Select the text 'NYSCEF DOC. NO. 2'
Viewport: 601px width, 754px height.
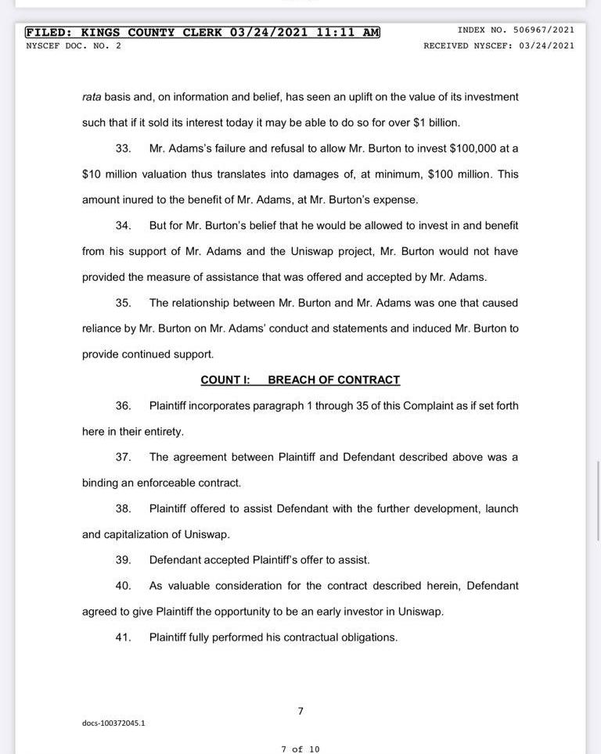coord(74,45)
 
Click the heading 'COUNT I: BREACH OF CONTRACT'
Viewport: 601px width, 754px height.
coord(300,380)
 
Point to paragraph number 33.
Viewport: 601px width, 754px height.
coord(123,149)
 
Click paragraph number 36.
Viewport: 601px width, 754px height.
coord(123,406)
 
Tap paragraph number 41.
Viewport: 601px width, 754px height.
coord(123,637)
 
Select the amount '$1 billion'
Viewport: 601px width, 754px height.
coord(436,123)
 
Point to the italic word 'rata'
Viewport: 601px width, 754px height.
coord(92,97)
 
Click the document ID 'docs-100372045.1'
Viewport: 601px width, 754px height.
coord(113,723)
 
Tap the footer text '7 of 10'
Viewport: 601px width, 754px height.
coord(300,749)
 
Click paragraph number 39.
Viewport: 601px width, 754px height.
coord(123,560)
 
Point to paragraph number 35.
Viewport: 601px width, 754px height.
coord(123,303)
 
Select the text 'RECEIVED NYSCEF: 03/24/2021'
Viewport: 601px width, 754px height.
coord(498,45)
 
